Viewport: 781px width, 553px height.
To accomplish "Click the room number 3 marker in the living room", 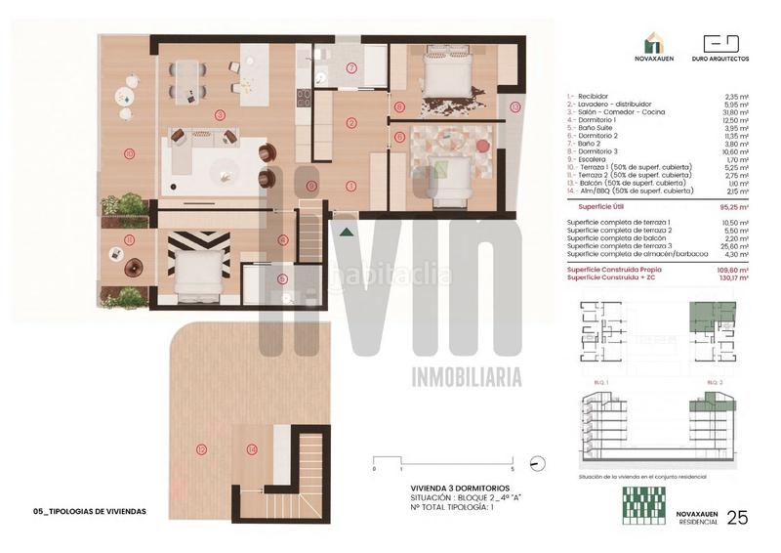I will (221, 114).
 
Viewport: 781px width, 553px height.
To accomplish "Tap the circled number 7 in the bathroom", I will (351, 67).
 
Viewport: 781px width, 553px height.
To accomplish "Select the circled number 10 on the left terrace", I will (128, 152).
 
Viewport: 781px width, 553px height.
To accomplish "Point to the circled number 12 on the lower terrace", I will (202, 450).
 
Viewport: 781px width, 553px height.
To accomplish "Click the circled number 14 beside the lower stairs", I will (252, 450).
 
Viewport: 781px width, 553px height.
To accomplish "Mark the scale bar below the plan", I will (435, 461).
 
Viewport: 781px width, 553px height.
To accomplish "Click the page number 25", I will (738, 517).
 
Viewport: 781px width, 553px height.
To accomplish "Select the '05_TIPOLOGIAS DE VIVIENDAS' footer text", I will (90, 511).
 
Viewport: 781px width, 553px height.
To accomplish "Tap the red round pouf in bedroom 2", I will (481, 147).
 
